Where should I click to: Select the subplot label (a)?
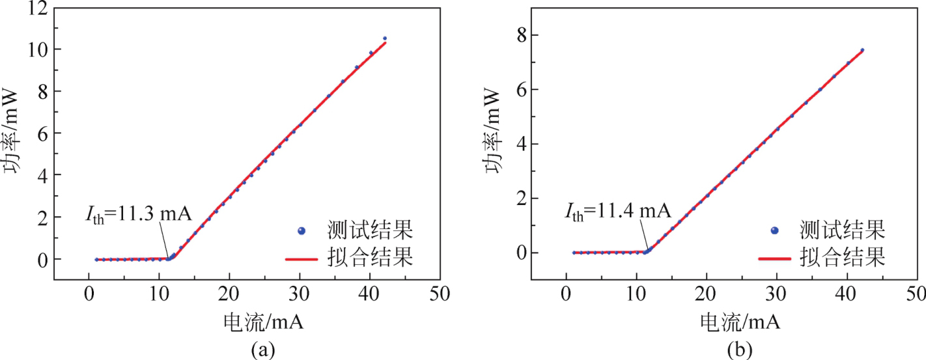(263, 350)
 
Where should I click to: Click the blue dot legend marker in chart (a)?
(301, 230)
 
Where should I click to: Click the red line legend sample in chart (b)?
(774, 258)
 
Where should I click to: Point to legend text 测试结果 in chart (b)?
(844, 230)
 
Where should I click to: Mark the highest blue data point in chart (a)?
(385, 38)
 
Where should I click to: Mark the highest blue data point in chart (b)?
(862, 50)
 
